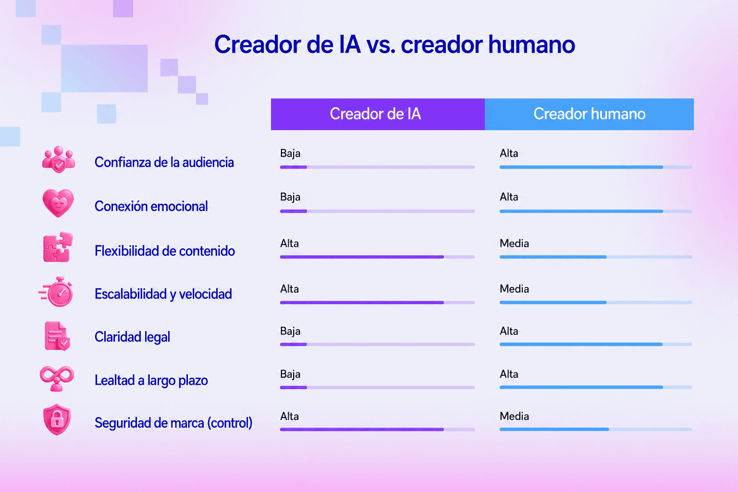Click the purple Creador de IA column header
(x=378, y=114)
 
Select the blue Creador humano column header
(x=589, y=114)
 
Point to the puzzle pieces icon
(x=58, y=247)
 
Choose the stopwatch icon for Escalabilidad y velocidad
(x=57, y=292)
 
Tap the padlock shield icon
(x=57, y=419)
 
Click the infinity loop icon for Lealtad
(x=57, y=378)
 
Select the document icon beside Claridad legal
(x=57, y=336)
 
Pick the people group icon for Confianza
(x=58, y=160)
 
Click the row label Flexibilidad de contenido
(x=165, y=251)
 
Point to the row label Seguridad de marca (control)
(x=173, y=423)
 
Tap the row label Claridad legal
(x=132, y=337)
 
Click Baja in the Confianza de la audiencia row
(x=290, y=154)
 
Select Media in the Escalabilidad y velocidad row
(x=514, y=289)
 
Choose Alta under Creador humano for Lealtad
(x=509, y=374)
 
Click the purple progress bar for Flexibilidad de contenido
(x=362, y=257)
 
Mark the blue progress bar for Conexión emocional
(x=581, y=211)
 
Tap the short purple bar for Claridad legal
(x=293, y=344)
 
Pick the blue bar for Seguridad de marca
(x=554, y=430)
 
